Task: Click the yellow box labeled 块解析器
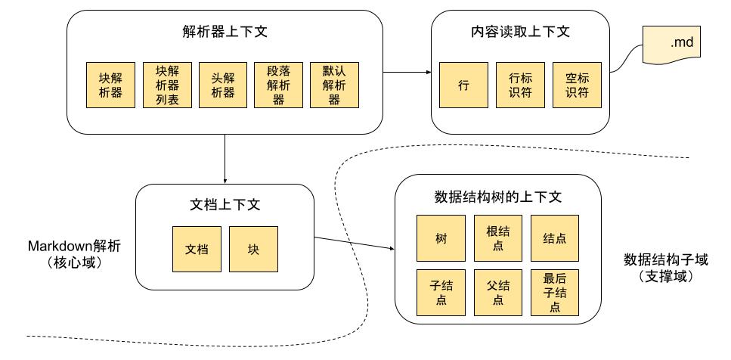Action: (x=111, y=85)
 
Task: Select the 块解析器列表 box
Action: (x=167, y=85)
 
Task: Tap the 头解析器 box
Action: (x=223, y=85)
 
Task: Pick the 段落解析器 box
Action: (x=279, y=85)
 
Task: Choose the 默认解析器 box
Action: (x=334, y=85)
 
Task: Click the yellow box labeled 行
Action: (x=463, y=85)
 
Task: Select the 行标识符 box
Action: (x=519, y=85)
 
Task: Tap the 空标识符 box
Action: (x=576, y=85)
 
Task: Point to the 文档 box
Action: (x=197, y=249)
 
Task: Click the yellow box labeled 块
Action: (x=253, y=249)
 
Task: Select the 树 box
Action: (x=441, y=237)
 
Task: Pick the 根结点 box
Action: (x=497, y=237)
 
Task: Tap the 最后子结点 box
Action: (x=555, y=293)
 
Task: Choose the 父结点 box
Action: (x=497, y=293)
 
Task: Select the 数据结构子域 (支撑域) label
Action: (x=665, y=266)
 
